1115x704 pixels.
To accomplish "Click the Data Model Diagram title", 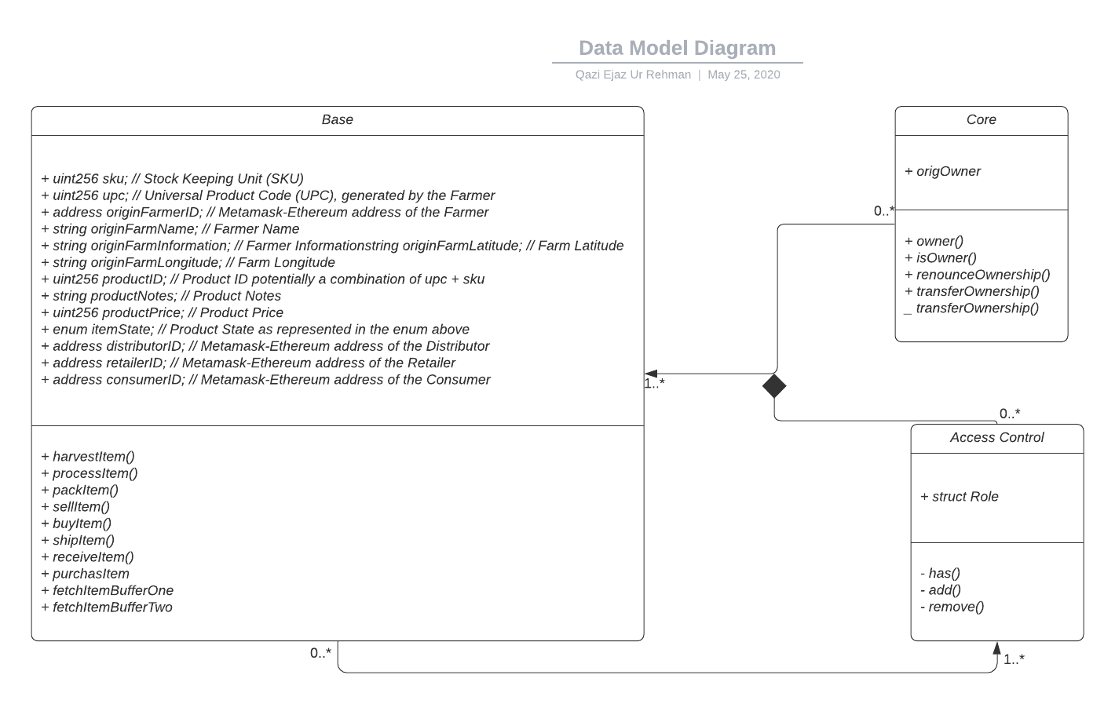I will coord(677,48).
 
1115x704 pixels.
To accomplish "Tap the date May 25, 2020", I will coord(744,75).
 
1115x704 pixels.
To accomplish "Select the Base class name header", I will coord(337,120).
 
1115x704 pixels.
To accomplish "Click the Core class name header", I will coord(981,120).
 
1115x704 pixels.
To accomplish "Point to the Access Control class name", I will coord(996,438).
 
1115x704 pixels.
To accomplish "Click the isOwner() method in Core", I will coord(941,258).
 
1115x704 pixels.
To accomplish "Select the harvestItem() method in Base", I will coord(88,457).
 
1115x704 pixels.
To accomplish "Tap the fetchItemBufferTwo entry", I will coord(107,607).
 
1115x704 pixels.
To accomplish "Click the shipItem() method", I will coord(78,541).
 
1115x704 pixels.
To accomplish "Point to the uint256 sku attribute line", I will coord(172,179).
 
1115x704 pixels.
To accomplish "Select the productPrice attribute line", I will coord(162,312).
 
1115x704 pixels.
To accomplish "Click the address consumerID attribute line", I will coord(265,380).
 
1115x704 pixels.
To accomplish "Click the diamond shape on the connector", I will coord(774,386).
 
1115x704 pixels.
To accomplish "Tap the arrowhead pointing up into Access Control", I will coord(996,648).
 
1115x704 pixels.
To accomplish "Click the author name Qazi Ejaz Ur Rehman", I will coord(633,75).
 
